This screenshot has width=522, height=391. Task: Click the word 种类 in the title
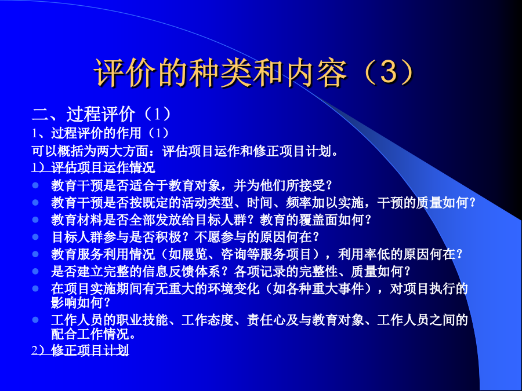pyautogui.click(x=220, y=72)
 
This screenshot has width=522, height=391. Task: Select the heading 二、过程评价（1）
pyautogui.click(x=101, y=114)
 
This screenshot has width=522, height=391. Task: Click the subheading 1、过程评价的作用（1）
pyautogui.click(x=100, y=133)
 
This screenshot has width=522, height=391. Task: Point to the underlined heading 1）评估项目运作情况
pyautogui.click(x=93, y=167)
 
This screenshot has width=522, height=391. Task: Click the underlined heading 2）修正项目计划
pyautogui.click(x=80, y=350)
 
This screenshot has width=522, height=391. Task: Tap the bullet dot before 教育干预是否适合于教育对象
pyautogui.click(x=35, y=185)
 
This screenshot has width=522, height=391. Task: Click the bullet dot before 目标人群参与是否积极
pyautogui.click(x=35, y=237)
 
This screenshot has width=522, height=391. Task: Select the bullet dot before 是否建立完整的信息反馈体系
pyautogui.click(x=35, y=271)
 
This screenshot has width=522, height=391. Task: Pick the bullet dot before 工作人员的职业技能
pyautogui.click(x=35, y=320)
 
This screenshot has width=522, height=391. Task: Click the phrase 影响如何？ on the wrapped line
pyautogui.click(x=81, y=302)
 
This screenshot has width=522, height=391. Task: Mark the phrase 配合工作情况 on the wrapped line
pyautogui.click(x=90, y=334)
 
